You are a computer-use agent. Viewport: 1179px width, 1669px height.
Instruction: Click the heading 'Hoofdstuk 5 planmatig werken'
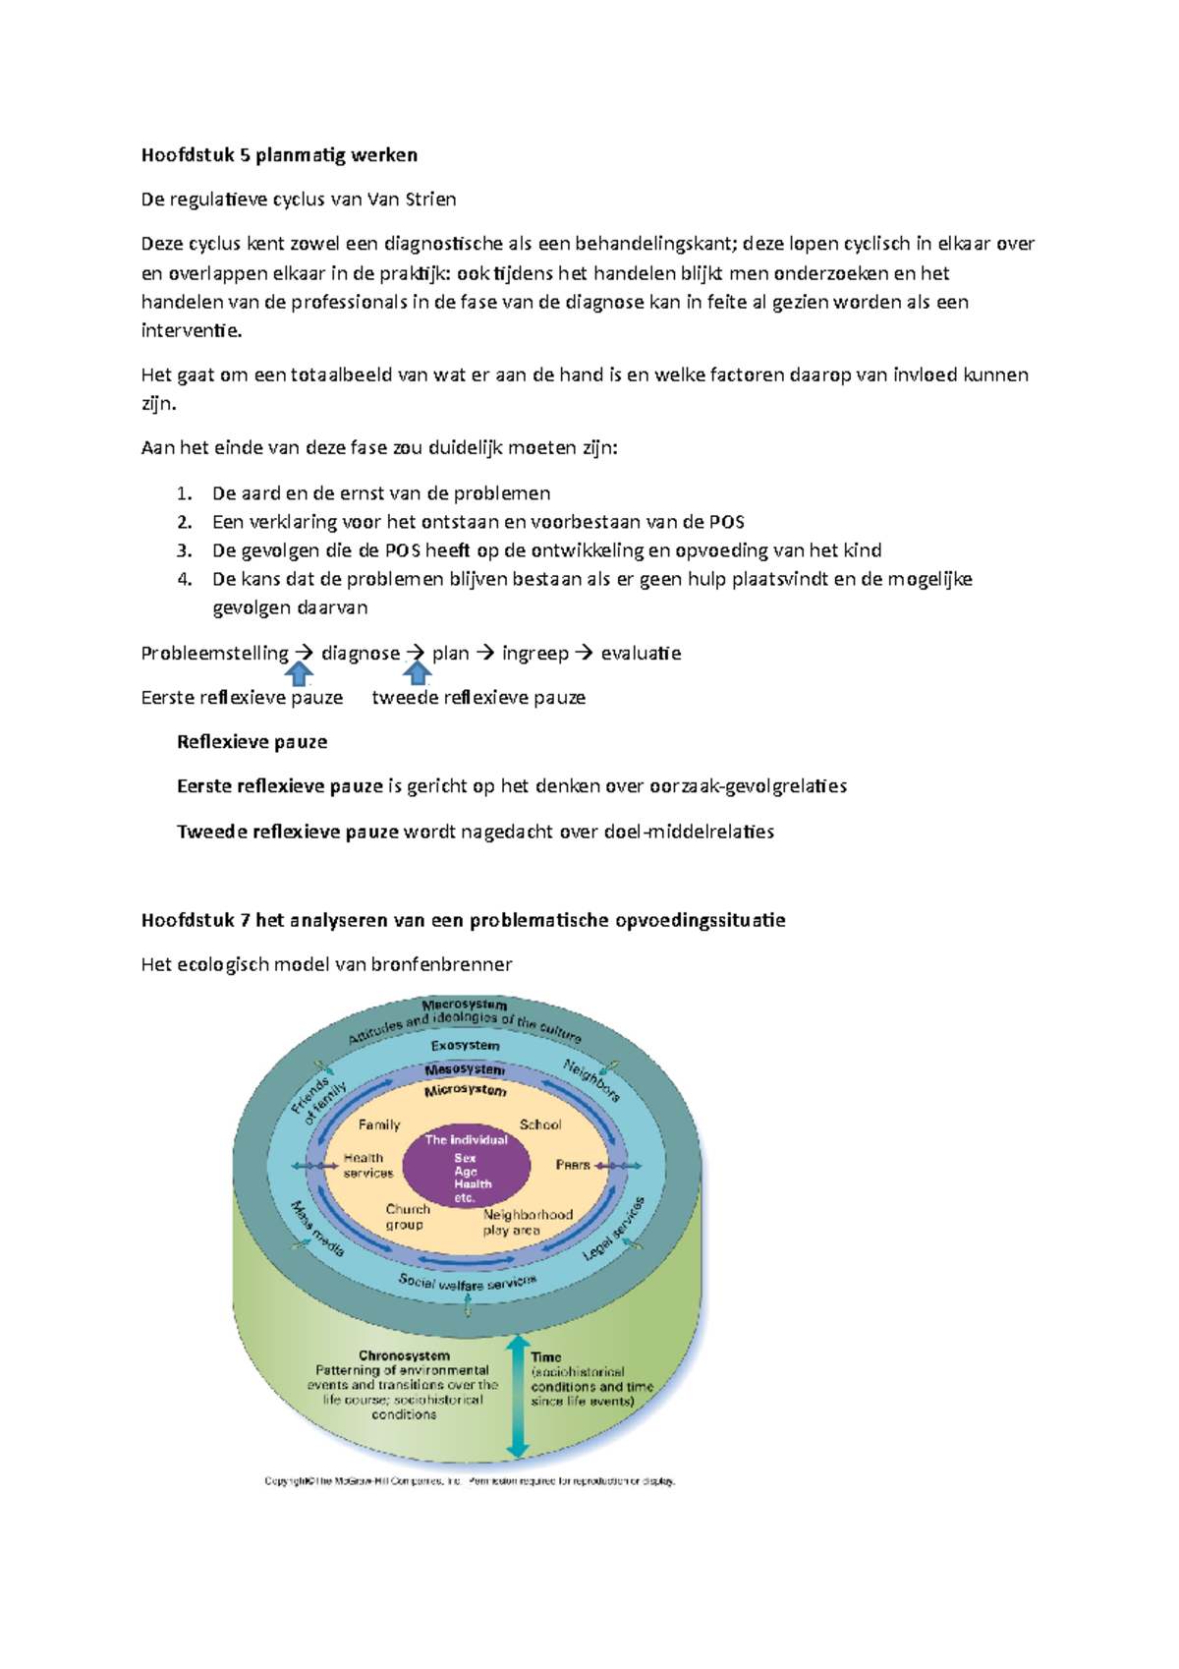coord(279,154)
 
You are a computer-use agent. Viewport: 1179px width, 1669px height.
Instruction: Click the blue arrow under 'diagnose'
coord(418,673)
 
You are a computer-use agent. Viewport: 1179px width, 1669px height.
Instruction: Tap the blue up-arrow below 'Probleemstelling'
coord(299,673)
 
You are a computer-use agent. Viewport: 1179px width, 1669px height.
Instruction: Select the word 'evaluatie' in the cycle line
coord(641,653)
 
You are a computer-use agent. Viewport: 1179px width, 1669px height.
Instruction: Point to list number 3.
coord(185,550)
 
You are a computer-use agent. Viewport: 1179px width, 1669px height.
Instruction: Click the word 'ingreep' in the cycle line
coord(534,653)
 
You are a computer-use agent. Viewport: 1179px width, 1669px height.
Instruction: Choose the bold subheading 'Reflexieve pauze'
coord(252,742)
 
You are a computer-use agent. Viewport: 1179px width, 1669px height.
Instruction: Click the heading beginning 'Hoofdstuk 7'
coord(463,920)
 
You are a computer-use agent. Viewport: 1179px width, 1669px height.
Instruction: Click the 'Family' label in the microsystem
coord(379,1124)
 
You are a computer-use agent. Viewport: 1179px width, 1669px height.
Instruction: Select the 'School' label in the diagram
coord(540,1124)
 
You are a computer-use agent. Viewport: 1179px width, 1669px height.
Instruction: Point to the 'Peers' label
coord(573,1165)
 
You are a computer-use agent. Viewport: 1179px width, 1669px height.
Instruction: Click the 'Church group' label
coord(407,1216)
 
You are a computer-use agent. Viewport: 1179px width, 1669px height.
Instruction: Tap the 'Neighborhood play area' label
coord(527,1222)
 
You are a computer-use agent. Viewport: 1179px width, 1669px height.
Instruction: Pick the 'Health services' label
coord(367,1165)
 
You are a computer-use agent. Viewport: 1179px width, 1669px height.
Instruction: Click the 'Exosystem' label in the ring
coord(465,1045)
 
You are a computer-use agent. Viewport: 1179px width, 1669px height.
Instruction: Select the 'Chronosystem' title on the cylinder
coord(404,1355)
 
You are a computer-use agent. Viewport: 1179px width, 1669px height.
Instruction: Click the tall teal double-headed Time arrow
coord(518,1396)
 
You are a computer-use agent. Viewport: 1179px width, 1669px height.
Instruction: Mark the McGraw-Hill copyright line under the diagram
coord(470,1481)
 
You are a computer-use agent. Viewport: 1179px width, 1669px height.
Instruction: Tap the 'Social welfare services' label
coord(467,1283)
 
